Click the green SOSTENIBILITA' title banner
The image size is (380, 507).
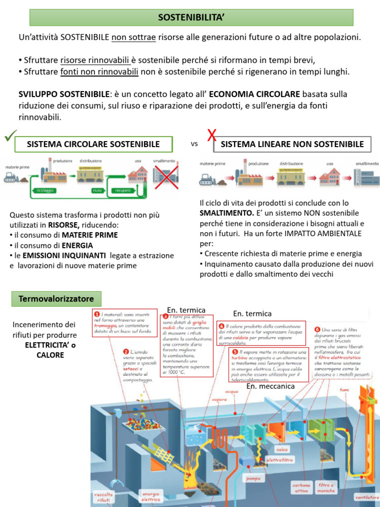click(191, 17)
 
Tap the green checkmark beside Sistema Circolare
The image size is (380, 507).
click(10, 136)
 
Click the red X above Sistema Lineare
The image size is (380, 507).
click(212, 135)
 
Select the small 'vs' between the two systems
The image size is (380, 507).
click(194, 145)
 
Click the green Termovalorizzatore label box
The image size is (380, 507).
click(56, 299)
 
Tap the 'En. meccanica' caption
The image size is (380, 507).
click(270, 386)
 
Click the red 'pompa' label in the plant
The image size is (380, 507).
click(253, 479)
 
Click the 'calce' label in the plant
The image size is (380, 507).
click(282, 450)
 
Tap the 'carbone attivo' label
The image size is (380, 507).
click(301, 488)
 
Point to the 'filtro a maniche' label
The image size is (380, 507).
click(327, 488)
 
